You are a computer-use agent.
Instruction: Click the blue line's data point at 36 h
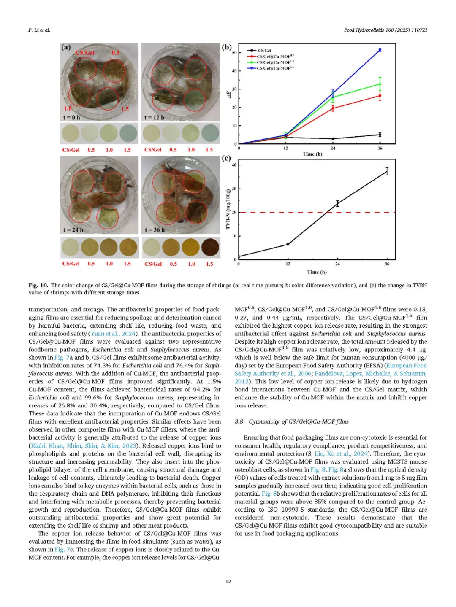(x=380, y=50)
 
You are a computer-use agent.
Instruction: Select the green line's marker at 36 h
(x=380, y=84)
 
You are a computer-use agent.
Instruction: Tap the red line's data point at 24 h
(x=333, y=108)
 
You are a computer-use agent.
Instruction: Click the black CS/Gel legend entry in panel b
(x=264, y=51)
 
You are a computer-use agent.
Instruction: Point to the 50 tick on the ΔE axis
(x=234, y=52)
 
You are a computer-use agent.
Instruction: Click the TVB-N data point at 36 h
(x=387, y=171)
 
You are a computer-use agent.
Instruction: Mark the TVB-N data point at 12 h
(x=288, y=244)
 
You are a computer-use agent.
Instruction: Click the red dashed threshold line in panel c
(x=296, y=213)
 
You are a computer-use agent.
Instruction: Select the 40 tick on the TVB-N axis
(x=234, y=165)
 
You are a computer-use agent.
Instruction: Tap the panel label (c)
(x=226, y=158)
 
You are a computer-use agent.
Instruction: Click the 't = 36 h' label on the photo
(x=155, y=230)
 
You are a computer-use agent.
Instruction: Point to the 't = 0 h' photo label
(x=71, y=117)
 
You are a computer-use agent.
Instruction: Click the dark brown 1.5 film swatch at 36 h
(x=210, y=247)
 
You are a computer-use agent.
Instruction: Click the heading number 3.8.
(x=239, y=421)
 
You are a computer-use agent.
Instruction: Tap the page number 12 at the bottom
(x=228, y=581)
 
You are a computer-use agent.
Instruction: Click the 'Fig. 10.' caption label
(x=38, y=285)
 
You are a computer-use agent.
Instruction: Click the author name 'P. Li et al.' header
(x=39, y=30)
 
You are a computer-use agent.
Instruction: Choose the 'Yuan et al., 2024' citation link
(x=113, y=334)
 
